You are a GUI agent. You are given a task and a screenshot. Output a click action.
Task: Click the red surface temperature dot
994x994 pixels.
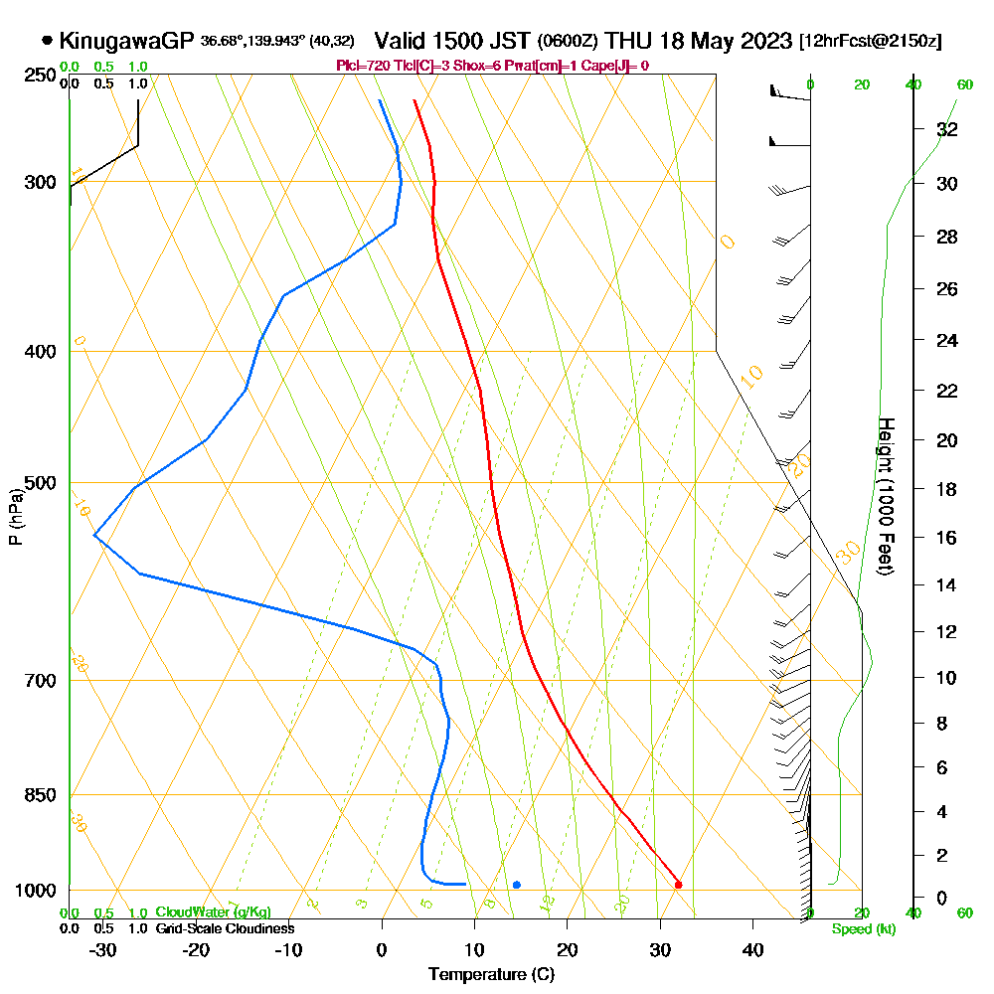[678, 884]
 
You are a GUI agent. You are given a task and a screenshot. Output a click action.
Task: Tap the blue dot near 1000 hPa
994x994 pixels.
[517, 885]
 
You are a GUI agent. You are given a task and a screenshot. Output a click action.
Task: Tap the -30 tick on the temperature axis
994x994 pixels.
[103, 949]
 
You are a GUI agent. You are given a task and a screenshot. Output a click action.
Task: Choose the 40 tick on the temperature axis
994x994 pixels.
[752, 949]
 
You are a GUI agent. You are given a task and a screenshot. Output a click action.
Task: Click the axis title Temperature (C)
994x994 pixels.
[491, 974]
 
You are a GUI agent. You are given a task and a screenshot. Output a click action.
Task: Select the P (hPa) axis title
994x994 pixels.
[15, 516]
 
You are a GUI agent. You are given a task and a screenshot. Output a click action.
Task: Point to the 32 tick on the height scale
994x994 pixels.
[947, 129]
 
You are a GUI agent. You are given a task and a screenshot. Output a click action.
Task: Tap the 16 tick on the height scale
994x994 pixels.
[947, 538]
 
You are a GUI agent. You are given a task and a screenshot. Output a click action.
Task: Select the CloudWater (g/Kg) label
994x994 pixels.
[213, 912]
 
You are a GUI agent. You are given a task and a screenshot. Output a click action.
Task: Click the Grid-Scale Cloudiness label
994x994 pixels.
[225, 928]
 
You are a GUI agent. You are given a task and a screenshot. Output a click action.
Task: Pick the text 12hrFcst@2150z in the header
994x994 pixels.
[870, 42]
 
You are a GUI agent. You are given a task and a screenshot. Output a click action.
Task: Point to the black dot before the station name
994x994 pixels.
[47, 41]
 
